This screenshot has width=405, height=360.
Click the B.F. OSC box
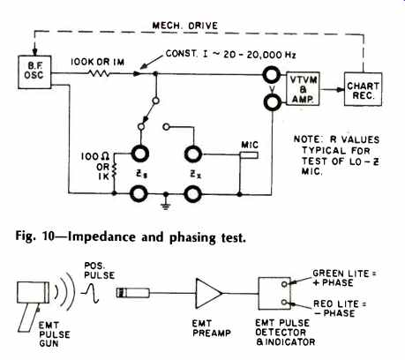coord(34,72)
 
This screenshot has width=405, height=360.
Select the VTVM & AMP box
coord(303,89)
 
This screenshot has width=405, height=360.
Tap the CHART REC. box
coord(364,89)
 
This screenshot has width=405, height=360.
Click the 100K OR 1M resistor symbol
coord(99,73)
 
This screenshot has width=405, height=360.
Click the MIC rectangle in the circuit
coord(249,154)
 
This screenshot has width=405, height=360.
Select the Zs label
coord(139,174)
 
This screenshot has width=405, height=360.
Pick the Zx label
coord(194,174)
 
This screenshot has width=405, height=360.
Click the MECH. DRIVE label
coord(184,26)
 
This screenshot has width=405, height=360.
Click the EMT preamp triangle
coord(209,293)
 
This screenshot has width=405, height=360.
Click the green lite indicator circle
coord(284,284)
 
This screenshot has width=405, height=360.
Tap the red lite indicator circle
coord(284,303)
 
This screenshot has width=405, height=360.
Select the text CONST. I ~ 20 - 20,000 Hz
coord(230,55)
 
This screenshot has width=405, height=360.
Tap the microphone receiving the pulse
coord(133,293)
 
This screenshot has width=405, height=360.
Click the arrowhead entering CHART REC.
coord(341,89)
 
